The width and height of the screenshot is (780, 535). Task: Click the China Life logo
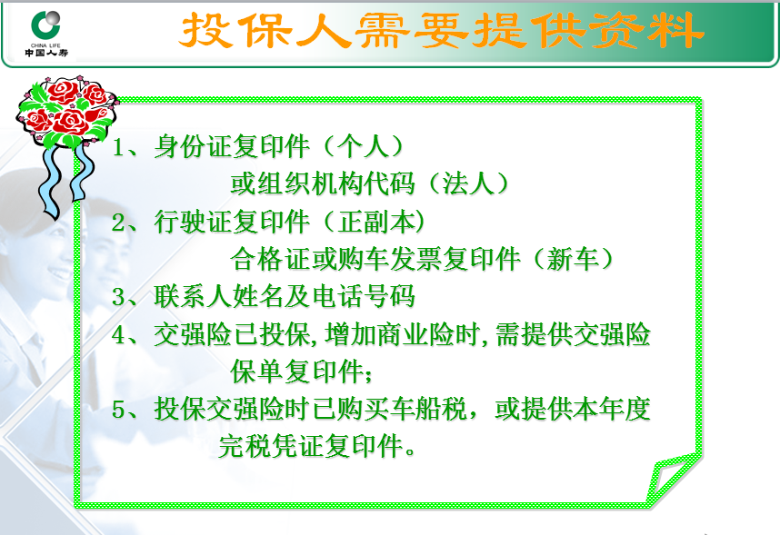point(46,34)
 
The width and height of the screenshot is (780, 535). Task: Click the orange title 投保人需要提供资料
point(441,31)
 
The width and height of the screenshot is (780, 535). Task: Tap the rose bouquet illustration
point(66,113)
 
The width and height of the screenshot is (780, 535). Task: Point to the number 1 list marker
point(119,147)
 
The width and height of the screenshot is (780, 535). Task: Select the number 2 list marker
point(119,223)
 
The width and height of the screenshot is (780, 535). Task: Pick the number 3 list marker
point(119,297)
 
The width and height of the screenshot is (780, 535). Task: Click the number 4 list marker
point(119,334)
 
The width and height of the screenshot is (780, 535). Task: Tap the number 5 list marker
point(119,410)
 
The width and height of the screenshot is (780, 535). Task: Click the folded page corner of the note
point(673,479)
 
